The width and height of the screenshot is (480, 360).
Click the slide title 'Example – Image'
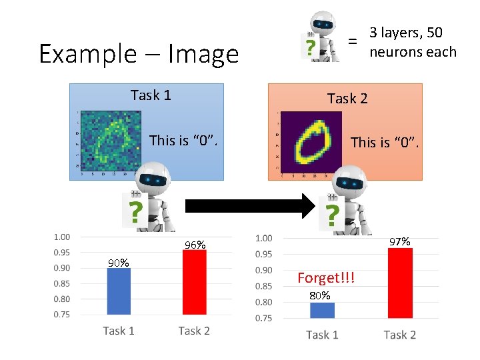point(139,53)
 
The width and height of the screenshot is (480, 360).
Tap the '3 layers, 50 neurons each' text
point(413,42)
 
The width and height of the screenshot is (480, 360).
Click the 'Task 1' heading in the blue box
point(151,95)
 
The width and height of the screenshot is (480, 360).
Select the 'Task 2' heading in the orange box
point(347,99)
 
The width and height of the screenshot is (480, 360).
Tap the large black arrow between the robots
point(247,207)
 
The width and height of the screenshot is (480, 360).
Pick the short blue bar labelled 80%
point(322,310)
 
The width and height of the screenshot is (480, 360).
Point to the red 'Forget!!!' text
point(326,277)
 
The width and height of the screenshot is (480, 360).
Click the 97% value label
point(399,241)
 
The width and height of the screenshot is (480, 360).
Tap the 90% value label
point(119,263)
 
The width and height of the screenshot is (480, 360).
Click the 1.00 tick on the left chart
point(62,237)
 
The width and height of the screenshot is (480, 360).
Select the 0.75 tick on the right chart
point(264,318)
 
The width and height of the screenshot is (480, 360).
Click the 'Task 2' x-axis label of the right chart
point(399,335)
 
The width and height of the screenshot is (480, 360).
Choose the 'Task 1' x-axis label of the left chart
point(119,331)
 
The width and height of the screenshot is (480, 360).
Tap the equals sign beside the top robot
point(353,41)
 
